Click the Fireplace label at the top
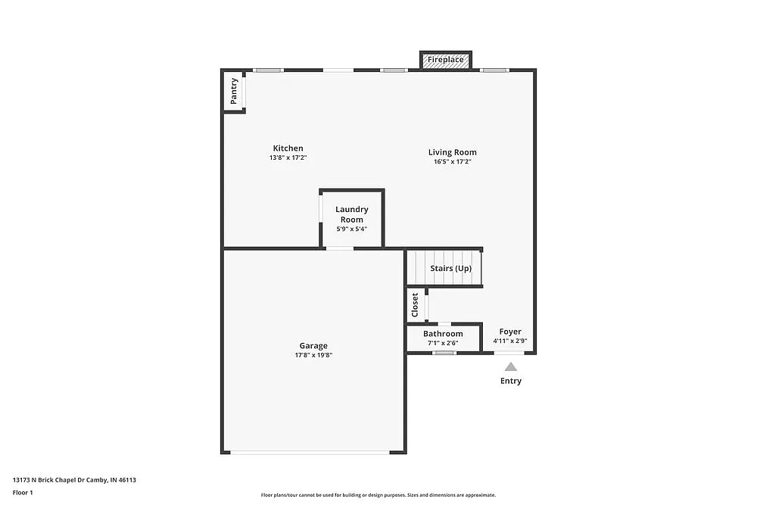[x=446, y=59]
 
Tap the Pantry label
[x=234, y=91]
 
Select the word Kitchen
[x=288, y=148]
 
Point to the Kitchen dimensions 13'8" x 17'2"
[x=288, y=158]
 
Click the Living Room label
[x=452, y=152]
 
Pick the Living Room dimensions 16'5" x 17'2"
[x=452, y=162]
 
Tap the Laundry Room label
[x=352, y=214]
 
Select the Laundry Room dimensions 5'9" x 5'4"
[x=352, y=229]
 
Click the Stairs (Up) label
[x=450, y=269]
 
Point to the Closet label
[x=415, y=305]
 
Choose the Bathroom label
[x=443, y=334]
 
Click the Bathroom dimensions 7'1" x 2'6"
[x=443, y=343]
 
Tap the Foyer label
[x=510, y=332]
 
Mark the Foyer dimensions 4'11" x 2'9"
[x=510, y=341]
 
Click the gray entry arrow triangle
[x=511, y=366]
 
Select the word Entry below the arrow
[x=511, y=381]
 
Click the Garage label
[x=313, y=346]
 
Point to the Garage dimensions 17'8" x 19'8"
[x=313, y=355]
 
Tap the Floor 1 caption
[x=23, y=492]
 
